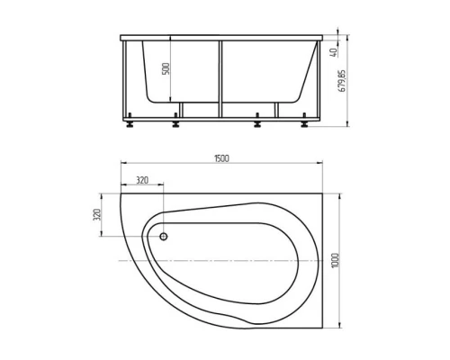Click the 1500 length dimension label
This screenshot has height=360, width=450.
coord(221,159)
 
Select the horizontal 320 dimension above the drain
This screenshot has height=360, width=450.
coord(140,178)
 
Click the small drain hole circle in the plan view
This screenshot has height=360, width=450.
coord(163,238)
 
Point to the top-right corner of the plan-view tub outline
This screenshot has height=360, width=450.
coord(322,190)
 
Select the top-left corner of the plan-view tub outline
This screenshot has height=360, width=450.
coord(120,190)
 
